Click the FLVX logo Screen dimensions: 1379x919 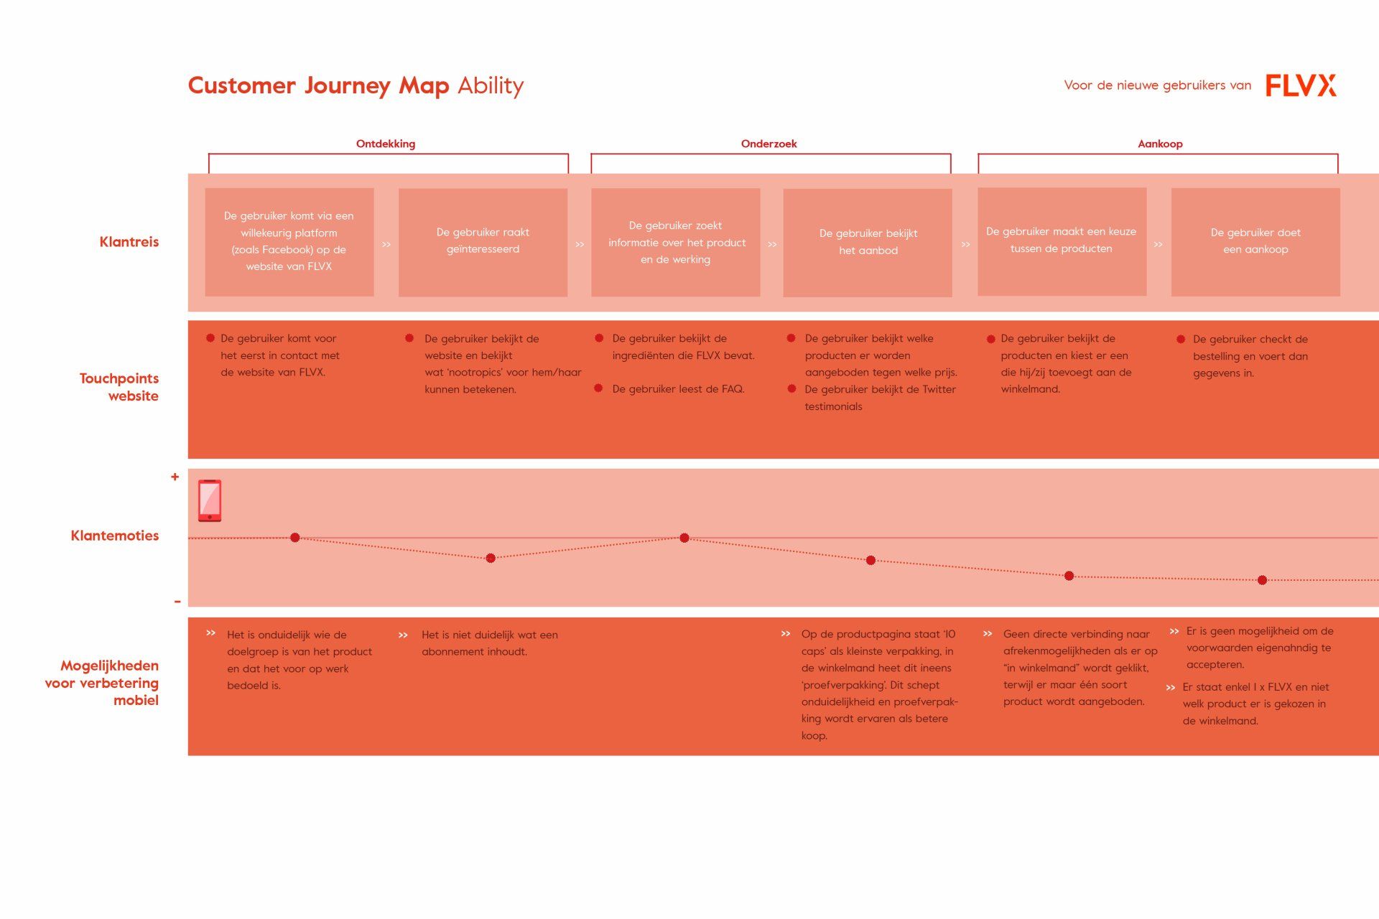click(1301, 85)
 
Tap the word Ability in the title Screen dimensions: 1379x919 click(491, 86)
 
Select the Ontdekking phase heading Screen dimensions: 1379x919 click(386, 144)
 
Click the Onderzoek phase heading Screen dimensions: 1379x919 click(769, 144)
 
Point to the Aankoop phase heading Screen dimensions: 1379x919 click(1160, 144)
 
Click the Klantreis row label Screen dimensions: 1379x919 click(129, 242)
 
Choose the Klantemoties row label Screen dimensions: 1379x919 click(115, 536)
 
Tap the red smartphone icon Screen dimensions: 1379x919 click(210, 500)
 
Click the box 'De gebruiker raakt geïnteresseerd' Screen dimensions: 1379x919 click(483, 242)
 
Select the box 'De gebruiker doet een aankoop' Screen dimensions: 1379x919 click(1255, 242)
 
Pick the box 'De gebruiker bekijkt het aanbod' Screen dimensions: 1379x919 click(868, 243)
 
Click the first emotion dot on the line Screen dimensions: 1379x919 click(295, 538)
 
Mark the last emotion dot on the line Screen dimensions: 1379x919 click(1262, 580)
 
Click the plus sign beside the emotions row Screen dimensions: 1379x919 click(175, 477)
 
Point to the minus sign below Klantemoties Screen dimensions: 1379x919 click(177, 602)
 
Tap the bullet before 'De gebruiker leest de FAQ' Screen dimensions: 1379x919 click(598, 388)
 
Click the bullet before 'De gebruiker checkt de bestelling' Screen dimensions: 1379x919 click(1181, 339)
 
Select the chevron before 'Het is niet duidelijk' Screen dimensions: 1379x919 click(403, 635)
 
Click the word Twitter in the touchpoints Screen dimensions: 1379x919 click(939, 390)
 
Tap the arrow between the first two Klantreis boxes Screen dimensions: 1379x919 click(386, 245)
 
